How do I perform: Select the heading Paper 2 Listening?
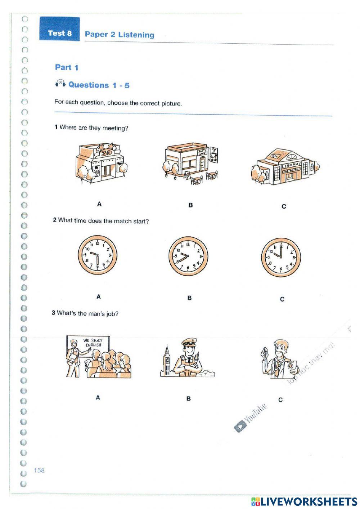click(119, 35)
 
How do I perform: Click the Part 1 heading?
click(67, 67)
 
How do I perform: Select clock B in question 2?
click(188, 256)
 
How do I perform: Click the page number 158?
click(39, 470)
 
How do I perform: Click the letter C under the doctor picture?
click(280, 399)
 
